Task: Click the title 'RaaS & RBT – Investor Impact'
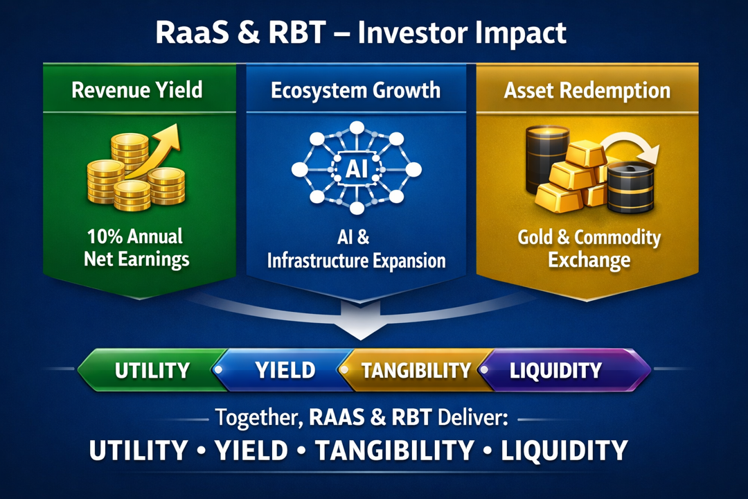[x=361, y=33]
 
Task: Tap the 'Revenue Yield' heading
[x=137, y=90]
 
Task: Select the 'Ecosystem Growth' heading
[x=355, y=90]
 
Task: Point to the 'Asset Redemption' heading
[x=587, y=90]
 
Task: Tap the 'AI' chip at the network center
[x=357, y=168]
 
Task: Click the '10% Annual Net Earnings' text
[x=136, y=248]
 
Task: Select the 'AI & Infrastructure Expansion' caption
[x=356, y=249]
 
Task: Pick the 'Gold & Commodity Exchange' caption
[x=589, y=249]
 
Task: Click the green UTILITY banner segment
[x=152, y=370]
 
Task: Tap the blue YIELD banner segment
[x=285, y=370]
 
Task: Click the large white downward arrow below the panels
[x=360, y=321]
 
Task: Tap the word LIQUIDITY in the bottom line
[x=564, y=450]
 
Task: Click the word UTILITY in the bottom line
[x=139, y=450]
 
